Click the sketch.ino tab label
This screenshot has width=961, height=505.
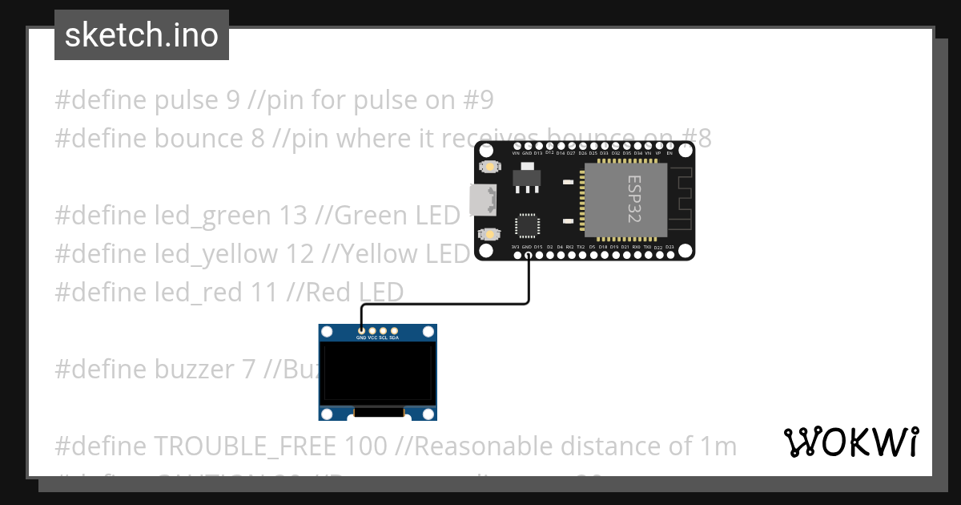[141, 35]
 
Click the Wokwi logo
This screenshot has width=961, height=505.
[850, 442]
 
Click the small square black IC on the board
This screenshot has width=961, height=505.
[527, 225]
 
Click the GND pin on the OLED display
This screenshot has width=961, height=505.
[362, 331]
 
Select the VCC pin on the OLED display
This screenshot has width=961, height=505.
[372, 331]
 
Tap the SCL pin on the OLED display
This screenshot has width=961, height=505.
[383, 331]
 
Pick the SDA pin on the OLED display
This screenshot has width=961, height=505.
[393, 331]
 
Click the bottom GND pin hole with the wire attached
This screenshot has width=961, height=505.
[527, 255]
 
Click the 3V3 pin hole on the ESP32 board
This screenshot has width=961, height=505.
[516, 255]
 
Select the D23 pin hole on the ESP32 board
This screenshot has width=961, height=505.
[669, 255]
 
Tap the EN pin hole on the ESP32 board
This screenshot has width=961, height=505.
[669, 146]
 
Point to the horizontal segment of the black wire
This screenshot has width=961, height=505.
[444, 304]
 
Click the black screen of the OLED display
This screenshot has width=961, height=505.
[378, 374]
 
